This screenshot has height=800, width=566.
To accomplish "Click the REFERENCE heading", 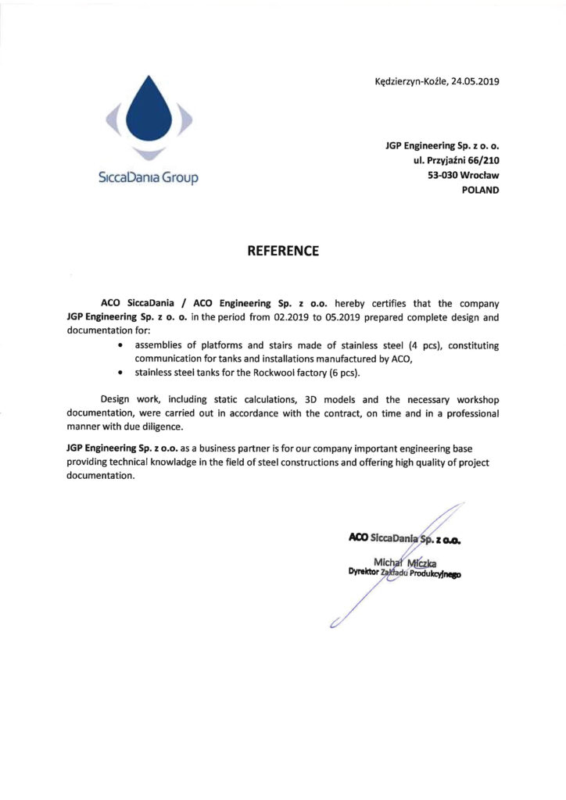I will [283, 251].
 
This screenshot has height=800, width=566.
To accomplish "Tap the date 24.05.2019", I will [478, 81].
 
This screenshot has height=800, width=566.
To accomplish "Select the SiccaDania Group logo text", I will [149, 178].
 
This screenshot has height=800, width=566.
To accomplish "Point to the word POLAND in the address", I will [481, 189].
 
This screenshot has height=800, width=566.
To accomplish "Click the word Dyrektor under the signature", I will [363, 573].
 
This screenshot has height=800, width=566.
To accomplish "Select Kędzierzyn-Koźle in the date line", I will [410, 81].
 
